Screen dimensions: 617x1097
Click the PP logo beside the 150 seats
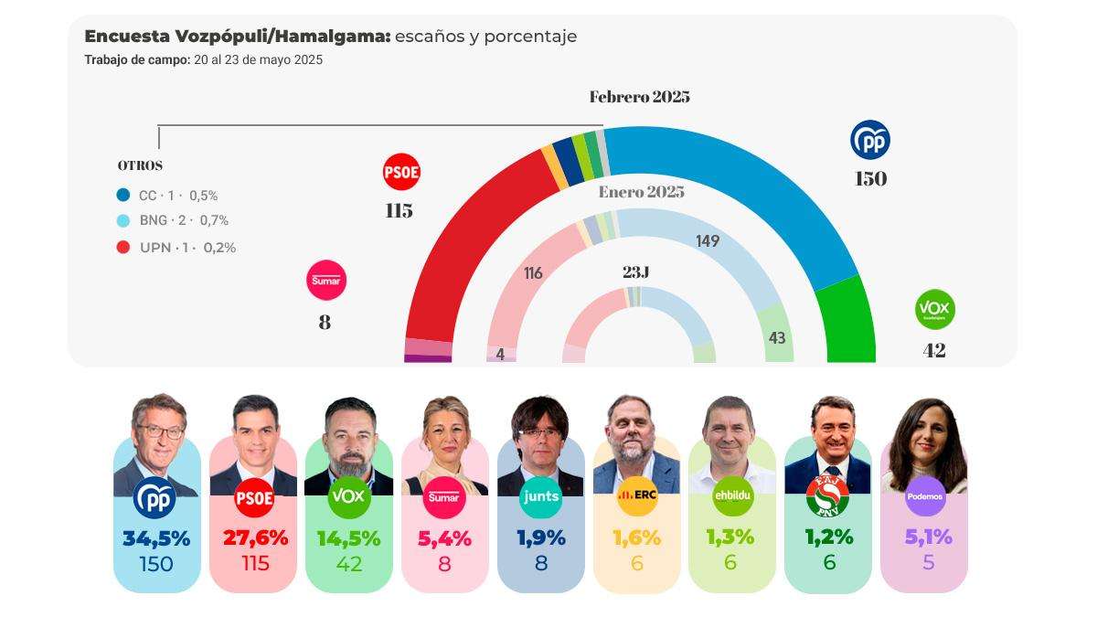pos(869,140)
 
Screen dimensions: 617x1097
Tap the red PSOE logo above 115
pos(400,172)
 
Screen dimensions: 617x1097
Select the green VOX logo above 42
pos(934,311)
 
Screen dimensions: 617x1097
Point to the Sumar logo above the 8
pos(325,281)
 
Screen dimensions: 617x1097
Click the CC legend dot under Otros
pos(123,195)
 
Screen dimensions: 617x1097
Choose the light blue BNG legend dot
pos(123,220)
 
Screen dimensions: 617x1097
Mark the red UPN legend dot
pos(123,247)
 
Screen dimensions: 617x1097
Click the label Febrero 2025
pos(639,97)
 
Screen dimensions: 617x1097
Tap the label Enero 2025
pos(641,192)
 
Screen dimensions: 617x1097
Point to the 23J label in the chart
pos(635,272)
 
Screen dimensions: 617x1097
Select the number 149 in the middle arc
pos(707,241)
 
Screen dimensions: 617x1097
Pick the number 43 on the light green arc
pos(777,338)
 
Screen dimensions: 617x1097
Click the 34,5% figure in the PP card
pos(156,538)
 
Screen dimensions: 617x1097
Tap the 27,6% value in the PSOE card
pos(255,538)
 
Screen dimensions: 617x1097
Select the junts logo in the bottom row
pos(540,496)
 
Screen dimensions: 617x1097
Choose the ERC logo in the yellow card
pos(637,496)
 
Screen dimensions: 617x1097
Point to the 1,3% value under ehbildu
pos(730,538)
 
